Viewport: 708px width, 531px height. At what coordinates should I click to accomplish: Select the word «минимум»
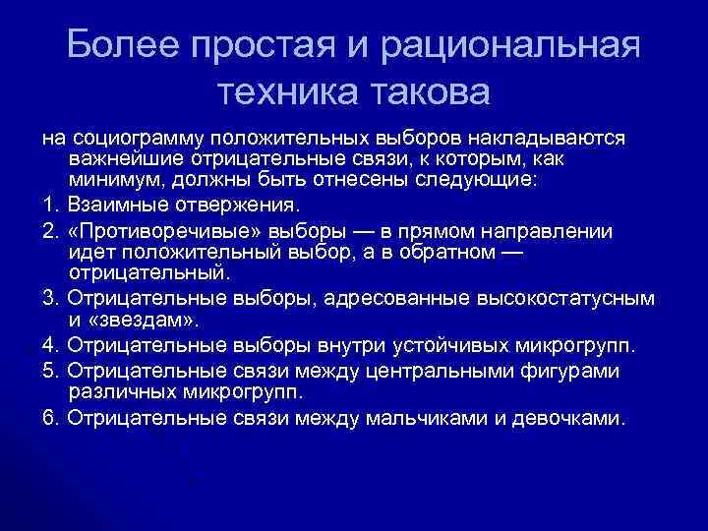[x=113, y=180]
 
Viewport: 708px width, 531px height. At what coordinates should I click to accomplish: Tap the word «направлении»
[x=541, y=231]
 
